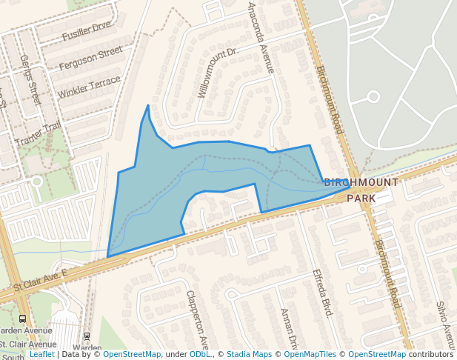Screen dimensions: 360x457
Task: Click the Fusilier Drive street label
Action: pyautogui.click(x=87, y=31)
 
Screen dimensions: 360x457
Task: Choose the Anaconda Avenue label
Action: pyautogui.click(x=260, y=37)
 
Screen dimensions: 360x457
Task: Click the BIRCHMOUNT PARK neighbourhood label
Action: pyautogui.click(x=361, y=190)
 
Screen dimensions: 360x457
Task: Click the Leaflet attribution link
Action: pyautogui.click(x=41, y=354)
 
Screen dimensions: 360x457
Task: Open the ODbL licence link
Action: pyautogui.click(x=199, y=354)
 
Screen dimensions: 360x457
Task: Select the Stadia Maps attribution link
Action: pyautogui.click(x=249, y=354)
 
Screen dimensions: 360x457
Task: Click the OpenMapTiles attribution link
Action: pyautogui.click(x=310, y=354)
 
